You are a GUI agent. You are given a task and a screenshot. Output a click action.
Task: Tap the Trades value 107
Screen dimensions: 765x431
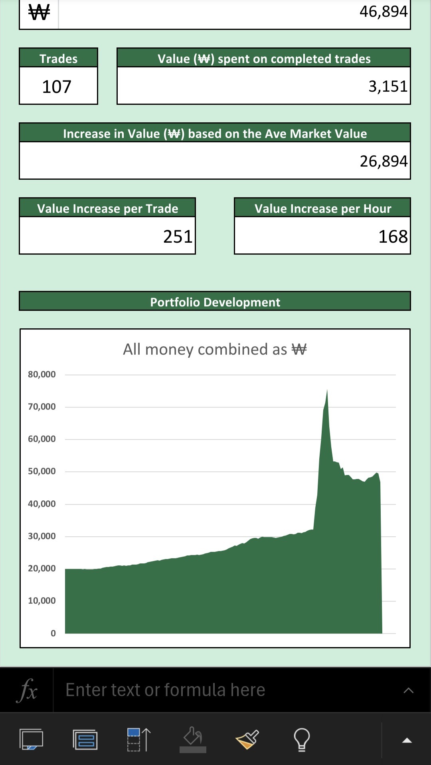point(57,86)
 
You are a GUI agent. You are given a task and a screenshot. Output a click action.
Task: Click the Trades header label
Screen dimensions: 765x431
point(58,59)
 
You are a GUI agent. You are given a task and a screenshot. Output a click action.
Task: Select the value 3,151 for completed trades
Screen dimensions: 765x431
point(388,86)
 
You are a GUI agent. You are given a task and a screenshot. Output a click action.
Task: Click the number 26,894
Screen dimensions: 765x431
point(383,161)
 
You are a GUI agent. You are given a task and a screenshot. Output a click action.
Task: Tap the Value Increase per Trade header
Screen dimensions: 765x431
point(107,208)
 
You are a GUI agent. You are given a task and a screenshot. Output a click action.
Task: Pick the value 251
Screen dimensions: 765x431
point(178,236)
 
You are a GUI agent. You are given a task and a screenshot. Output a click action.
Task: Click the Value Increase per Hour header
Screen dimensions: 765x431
point(322,208)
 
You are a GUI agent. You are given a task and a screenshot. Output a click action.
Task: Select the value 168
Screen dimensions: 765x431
point(393,236)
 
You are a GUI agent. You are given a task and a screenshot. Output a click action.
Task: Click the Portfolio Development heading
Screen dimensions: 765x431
point(215,302)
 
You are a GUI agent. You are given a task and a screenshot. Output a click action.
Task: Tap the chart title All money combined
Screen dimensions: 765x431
point(215,349)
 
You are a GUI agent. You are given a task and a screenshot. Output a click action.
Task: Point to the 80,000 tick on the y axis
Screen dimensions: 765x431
point(42,374)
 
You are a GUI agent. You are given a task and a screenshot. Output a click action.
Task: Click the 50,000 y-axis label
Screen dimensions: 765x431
point(42,471)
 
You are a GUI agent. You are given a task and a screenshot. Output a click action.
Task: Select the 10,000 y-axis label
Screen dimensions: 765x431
point(42,600)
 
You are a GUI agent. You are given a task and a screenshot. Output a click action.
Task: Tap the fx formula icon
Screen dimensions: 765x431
point(27,690)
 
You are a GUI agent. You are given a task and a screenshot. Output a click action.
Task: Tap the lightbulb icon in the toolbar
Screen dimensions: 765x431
point(302,739)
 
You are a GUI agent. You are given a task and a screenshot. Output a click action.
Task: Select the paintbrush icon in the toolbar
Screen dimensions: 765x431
point(247,739)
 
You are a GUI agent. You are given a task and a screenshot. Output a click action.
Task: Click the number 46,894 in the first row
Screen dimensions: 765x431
point(383,11)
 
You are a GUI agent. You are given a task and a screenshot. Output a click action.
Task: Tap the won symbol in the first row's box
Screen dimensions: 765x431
point(39,13)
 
